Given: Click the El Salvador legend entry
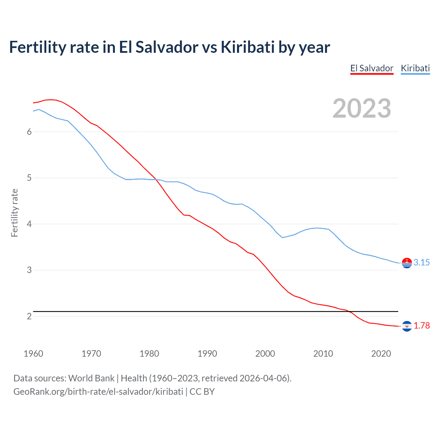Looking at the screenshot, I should click(x=372, y=68).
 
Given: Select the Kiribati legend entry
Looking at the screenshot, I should click(x=415, y=68).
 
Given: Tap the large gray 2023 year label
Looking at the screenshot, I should click(x=361, y=108).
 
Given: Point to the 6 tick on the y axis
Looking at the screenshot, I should click(x=29, y=132).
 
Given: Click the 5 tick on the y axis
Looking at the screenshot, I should click(x=29, y=178).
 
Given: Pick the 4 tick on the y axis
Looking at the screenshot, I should click(x=29, y=224).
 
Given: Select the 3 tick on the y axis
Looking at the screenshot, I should click(x=29, y=270).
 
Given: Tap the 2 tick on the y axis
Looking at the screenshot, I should click(x=29, y=316).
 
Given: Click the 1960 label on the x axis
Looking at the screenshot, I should click(x=33, y=354).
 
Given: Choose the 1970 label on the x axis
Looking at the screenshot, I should click(x=91, y=354).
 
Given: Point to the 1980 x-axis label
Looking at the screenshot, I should click(x=149, y=354).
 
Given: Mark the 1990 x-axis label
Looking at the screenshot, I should click(x=207, y=354).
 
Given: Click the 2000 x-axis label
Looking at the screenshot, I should click(x=265, y=354).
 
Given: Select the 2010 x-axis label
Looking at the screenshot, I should click(x=323, y=354).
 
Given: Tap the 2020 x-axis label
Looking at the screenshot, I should click(x=381, y=354).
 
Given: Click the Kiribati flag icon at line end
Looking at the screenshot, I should click(x=407, y=263).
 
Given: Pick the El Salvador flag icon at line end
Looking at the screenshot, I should click(x=407, y=326).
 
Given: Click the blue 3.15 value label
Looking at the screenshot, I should click(x=422, y=263).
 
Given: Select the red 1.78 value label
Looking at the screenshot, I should click(x=422, y=326).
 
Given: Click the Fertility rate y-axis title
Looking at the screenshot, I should click(x=14, y=213).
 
